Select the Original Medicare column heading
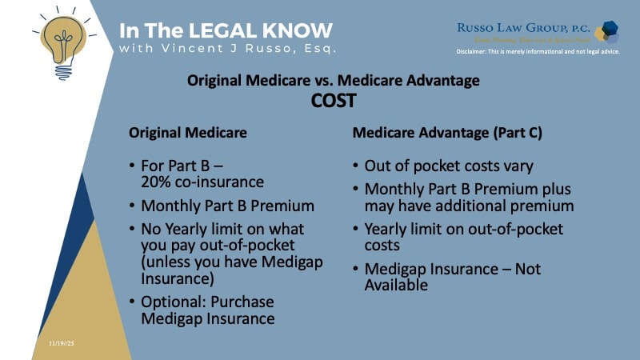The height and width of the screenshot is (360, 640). (x=188, y=132)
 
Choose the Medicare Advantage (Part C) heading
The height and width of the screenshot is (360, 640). (x=447, y=132)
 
